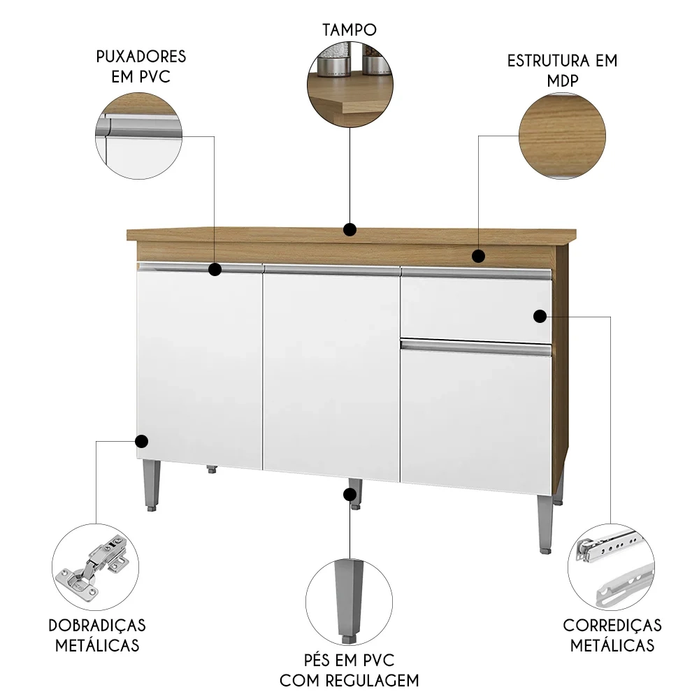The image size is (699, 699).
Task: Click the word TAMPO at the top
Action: click(349, 29)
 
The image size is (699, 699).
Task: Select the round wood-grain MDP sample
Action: click(561, 136)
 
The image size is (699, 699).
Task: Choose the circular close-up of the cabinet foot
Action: click(349, 601)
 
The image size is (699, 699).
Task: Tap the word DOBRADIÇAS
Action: click(97, 624)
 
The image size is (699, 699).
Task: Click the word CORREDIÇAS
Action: click(612, 624)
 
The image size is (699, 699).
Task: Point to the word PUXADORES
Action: click(141, 56)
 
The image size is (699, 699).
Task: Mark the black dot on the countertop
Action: click(350, 229)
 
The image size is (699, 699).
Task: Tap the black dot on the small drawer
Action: click(540, 316)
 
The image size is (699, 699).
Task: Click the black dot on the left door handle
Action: click(215, 268)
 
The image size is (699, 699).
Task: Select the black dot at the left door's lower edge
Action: click(141, 441)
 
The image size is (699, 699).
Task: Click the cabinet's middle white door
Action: click(331, 370)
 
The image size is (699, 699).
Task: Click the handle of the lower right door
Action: click(476, 346)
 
